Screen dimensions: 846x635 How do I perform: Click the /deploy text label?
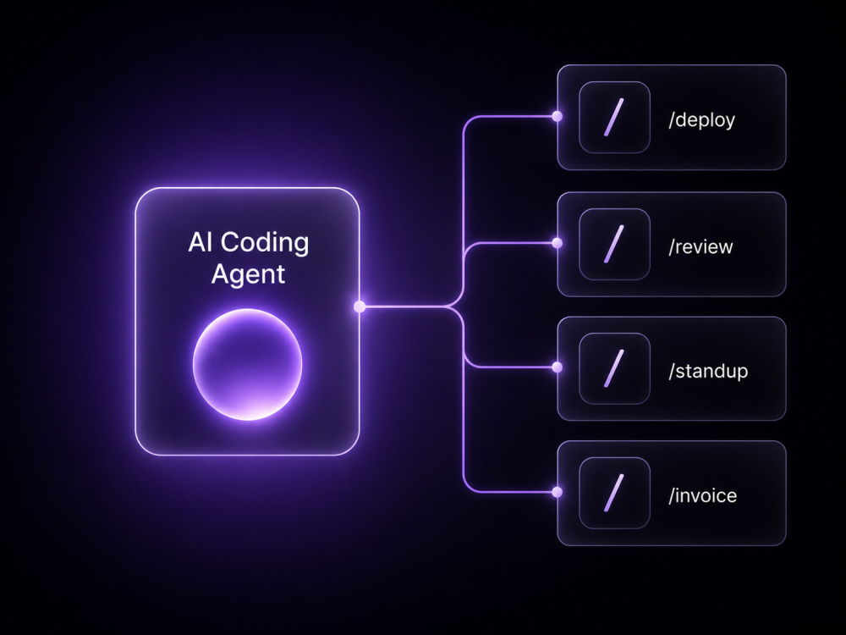702,120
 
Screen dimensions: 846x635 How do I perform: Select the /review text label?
700,246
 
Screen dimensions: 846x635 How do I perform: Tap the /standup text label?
708,371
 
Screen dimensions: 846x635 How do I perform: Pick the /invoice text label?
702,495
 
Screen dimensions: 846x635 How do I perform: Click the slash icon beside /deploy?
614,117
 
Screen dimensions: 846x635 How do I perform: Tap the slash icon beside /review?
614,244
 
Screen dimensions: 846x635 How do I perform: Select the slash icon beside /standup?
614,368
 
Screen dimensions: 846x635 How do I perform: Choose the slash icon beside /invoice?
614,493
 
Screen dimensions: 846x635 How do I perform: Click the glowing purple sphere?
248,364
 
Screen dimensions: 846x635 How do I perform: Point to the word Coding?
265,243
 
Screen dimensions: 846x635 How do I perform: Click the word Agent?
248,274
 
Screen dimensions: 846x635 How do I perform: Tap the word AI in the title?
201,242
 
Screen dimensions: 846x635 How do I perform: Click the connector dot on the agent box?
360,306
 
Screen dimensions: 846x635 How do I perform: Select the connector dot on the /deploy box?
558,116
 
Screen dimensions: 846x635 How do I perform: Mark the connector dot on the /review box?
558,243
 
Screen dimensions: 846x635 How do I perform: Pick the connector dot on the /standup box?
558,367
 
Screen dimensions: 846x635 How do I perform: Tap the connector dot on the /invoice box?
558,492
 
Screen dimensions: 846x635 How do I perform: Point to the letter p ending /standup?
743,373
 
